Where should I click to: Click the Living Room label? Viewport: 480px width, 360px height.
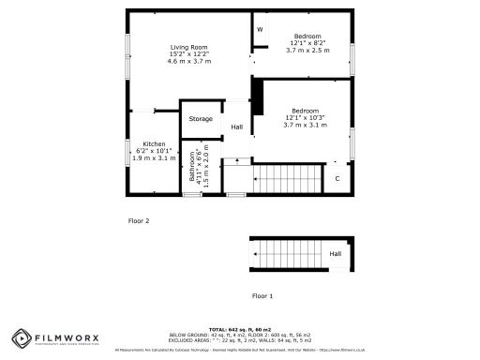tap(188, 47)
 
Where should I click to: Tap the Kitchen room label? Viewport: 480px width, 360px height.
tap(155, 144)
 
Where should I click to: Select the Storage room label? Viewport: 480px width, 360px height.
tap(201, 119)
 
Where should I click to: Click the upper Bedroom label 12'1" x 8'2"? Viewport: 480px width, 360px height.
tap(307, 37)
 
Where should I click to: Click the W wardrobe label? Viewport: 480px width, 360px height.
tap(260, 31)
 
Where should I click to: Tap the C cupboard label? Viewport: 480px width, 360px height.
tap(337, 177)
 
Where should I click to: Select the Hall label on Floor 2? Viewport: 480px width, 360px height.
tap(237, 127)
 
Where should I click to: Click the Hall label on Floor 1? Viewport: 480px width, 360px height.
tap(335, 253)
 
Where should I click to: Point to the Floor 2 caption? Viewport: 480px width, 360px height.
tap(139, 221)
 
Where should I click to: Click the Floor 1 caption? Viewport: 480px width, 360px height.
tap(262, 295)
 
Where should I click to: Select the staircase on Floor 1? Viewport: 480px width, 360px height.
tap(289, 253)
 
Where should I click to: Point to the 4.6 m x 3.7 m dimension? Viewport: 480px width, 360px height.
tap(188, 61)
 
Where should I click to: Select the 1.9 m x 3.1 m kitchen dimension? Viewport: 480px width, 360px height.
tap(155, 158)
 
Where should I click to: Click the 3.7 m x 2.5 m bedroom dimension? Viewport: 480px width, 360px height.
tap(307, 50)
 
